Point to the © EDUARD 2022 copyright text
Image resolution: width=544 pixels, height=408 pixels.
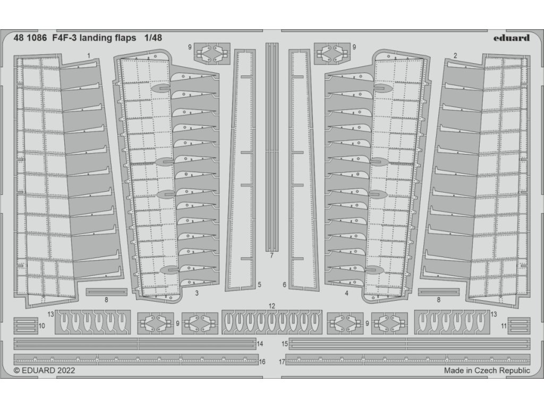point(45,371)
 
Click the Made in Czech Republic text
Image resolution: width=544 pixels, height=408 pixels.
point(487,371)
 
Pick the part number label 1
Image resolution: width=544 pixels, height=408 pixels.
point(89,55)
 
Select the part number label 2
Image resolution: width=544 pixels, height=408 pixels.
point(456,55)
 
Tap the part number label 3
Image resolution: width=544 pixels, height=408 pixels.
point(197,293)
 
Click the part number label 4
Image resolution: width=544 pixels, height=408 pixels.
point(346,293)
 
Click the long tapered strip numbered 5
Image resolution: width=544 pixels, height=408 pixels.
point(242,170)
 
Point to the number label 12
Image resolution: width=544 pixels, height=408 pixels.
point(271,305)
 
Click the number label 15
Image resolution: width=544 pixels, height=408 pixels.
point(284,344)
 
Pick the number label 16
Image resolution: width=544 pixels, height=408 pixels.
point(262,361)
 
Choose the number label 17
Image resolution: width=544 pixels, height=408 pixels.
point(282,361)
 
